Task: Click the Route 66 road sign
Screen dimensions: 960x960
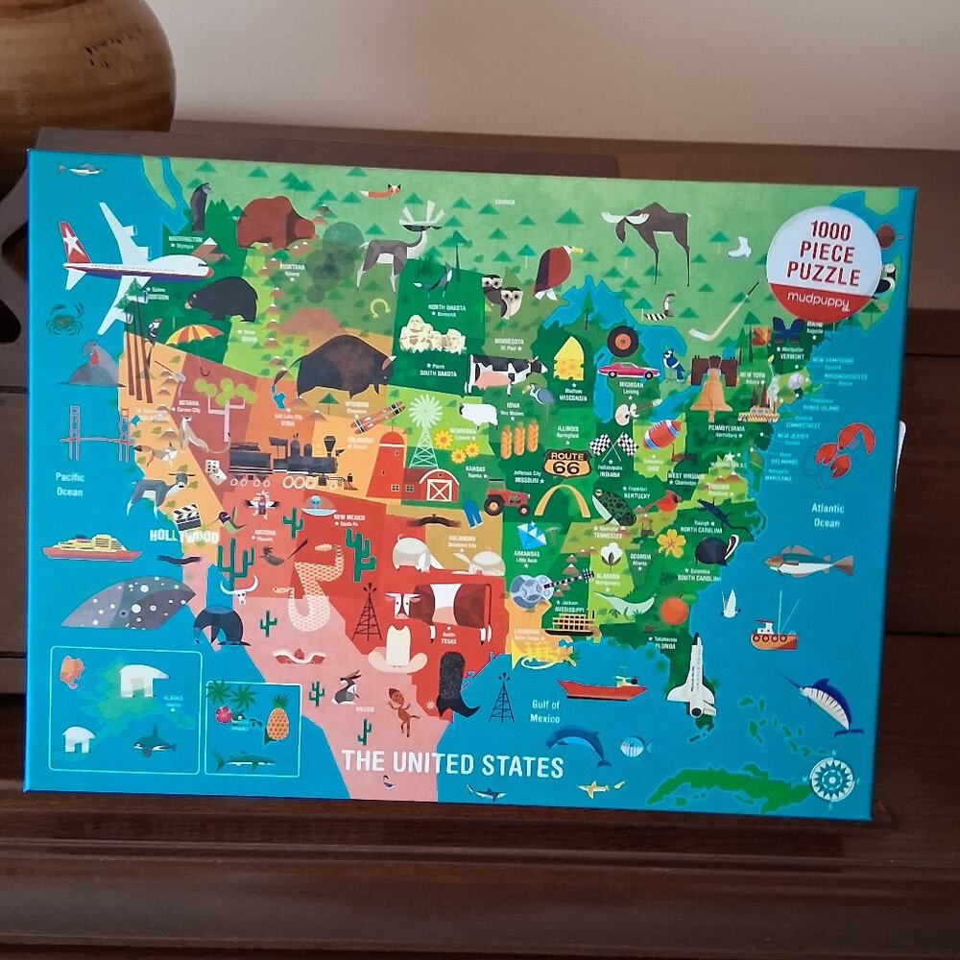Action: [x=566, y=463]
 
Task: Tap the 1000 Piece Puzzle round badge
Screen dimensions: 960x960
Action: [x=825, y=261]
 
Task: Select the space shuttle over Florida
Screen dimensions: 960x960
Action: [x=693, y=677]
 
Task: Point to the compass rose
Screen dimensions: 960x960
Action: [x=831, y=779]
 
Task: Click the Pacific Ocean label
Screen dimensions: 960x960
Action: [x=69, y=484]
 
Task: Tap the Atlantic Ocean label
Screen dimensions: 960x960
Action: [x=827, y=516]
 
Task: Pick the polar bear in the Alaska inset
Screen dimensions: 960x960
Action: [x=142, y=680]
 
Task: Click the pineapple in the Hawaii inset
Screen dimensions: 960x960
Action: [x=277, y=718]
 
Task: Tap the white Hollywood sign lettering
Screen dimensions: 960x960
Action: [x=182, y=535]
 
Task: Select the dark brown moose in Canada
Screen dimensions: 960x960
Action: [x=653, y=230]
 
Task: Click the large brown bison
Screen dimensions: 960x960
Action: [x=343, y=366]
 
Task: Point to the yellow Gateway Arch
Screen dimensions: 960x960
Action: [x=563, y=501]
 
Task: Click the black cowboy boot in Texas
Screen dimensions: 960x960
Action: [x=456, y=684]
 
